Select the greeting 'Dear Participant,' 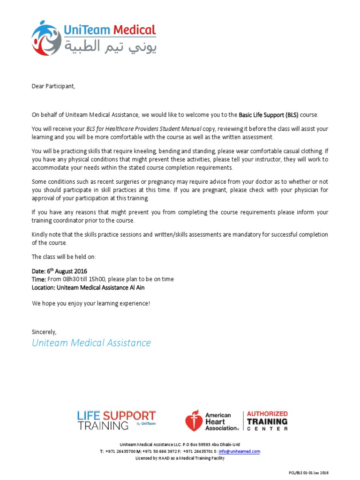[x=53, y=86]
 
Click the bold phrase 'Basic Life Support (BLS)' [x=269, y=115]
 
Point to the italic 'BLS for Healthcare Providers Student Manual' [x=144, y=128]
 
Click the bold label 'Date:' [x=38, y=271]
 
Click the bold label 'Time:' [x=39, y=279]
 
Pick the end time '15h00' [x=98, y=279]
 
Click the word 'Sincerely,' [x=44, y=332]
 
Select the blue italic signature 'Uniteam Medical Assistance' [x=91, y=343]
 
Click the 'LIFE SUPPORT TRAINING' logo [x=116, y=420]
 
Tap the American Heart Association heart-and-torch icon [x=193, y=421]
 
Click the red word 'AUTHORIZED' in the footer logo [x=267, y=414]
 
